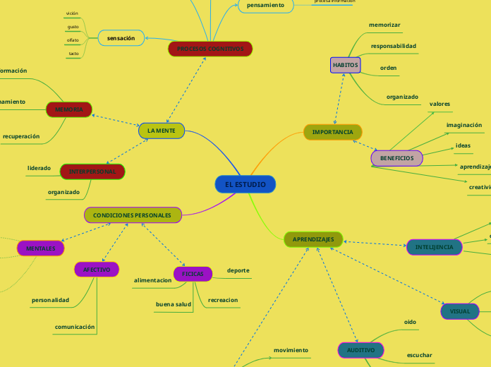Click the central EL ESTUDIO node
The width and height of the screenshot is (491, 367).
(x=245, y=184)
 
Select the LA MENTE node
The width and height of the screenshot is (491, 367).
(x=162, y=131)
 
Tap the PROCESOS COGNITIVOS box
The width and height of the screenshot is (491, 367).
(x=210, y=49)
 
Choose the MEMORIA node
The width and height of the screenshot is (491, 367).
(x=69, y=109)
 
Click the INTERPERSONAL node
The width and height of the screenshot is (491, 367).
(x=92, y=172)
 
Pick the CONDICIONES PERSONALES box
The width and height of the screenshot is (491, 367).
(x=133, y=215)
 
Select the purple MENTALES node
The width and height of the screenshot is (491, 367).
(x=40, y=248)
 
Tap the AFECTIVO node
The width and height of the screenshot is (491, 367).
(x=97, y=270)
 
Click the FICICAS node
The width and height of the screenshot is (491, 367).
(x=193, y=273)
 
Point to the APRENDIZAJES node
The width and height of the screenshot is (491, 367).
(x=313, y=239)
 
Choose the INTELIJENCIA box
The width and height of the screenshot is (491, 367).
(x=435, y=247)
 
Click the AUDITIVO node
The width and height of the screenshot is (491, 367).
(x=360, y=350)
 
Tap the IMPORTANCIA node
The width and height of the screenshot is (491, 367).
(x=333, y=132)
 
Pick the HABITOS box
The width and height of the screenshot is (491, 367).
(x=345, y=65)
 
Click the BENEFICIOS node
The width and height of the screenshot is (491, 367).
(x=396, y=158)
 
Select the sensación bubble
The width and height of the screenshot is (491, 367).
(x=121, y=37)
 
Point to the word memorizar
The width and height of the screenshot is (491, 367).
(x=384, y=25)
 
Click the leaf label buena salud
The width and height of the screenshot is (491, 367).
(x=174, y=303)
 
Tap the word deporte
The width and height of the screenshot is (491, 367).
(x=238, y=270)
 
